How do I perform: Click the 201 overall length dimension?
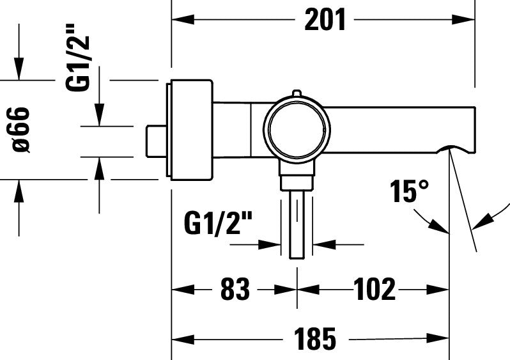(x=325, y=20)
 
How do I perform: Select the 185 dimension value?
(x=315, y=338)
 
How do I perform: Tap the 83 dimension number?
(x=235, y=290)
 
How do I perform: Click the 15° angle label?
(x=410, y=191)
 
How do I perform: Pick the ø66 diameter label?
(x=20, y=130)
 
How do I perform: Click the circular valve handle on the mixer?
(x=298, y=129)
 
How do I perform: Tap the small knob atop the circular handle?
(x=295, y=94)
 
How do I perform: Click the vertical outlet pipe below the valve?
(x=298, y=224)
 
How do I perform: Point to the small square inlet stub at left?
(x=155, y=141)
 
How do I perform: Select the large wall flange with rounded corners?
(x=189, y=130)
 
